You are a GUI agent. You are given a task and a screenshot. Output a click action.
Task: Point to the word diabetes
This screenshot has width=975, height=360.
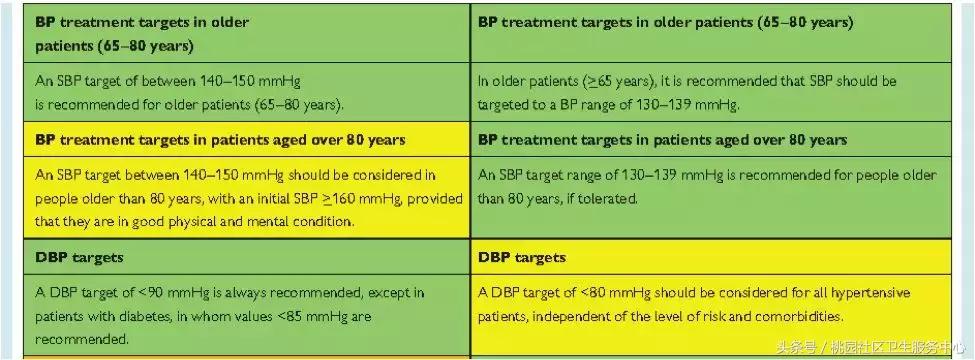pyautogui.click(x=146, y=316)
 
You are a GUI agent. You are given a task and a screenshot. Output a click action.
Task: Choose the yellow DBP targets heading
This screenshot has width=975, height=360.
pyautogui.click(x=522, y=257)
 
